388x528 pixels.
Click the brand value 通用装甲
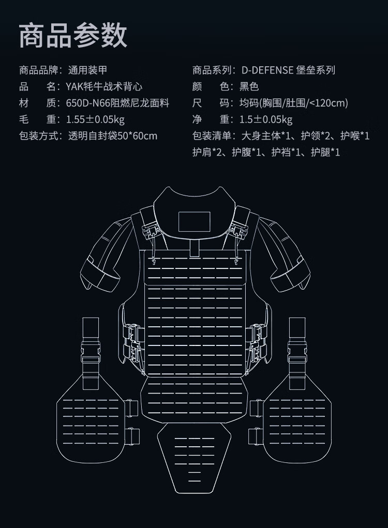87,70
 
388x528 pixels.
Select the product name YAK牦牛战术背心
104,86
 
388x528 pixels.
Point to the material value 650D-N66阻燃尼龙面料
117,103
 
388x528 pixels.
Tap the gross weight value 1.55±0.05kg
95,119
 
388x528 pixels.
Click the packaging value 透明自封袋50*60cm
112,136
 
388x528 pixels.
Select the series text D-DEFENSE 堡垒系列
288,70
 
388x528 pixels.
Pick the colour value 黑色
249,86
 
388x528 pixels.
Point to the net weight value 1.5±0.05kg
266,119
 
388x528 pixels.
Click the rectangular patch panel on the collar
194,222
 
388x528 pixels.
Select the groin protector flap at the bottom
194,455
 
